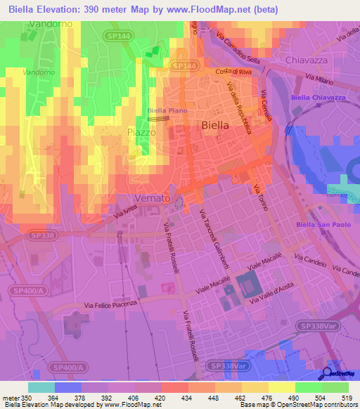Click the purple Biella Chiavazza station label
(x=318, y=97)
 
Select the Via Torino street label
(x=260, y=197)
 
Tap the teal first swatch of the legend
(x=41, y=387)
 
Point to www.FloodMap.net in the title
(x=210, y=10)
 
